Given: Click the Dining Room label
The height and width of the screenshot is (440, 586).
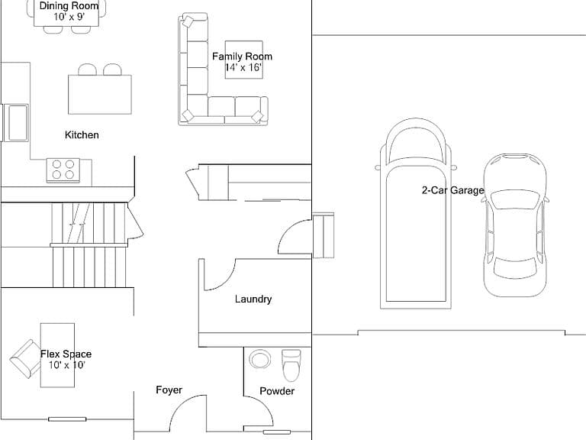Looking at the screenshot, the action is (x=69, y=6).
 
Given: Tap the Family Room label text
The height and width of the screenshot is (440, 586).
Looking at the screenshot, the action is (x=242, y=57).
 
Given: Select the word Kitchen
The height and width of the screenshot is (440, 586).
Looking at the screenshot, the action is (x=82, y=134).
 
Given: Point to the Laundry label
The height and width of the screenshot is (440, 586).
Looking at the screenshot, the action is (x=253, y=299).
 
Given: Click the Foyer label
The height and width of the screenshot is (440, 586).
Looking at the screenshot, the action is (x=169, y=390).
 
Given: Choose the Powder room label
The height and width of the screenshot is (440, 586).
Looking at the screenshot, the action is (x=277, y=391).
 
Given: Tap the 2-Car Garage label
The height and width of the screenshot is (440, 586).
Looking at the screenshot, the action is (x=453, y=190).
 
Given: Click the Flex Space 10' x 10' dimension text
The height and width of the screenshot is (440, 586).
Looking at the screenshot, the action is (x=67, y=365).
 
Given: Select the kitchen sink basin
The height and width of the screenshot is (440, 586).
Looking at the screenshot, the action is (x=18, y=123).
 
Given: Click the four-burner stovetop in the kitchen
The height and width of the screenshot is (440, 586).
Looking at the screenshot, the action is (x=63, y=170).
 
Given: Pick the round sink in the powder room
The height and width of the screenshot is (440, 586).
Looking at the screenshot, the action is (x=259, y=360).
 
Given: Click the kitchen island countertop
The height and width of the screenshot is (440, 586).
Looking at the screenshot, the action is (x=100, y=94).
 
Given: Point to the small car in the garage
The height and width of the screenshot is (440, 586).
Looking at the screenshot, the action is (x=515, y=225).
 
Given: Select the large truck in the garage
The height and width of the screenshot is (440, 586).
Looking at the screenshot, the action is (x=416, y=213).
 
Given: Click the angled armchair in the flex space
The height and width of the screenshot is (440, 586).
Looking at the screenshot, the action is (x=26, y=358).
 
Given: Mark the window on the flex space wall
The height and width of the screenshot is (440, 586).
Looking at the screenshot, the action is (x=67, y=419).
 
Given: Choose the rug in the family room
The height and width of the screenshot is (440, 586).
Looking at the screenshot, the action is (x=243, y=60).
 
